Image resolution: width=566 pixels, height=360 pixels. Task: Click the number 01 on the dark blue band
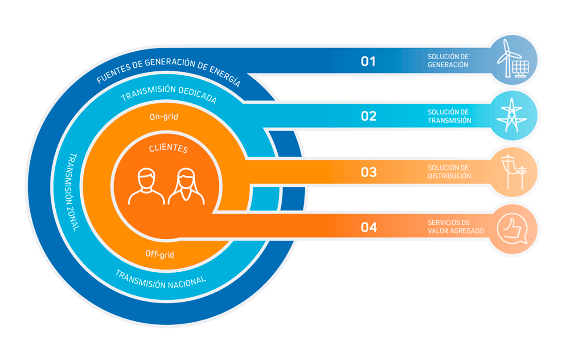tap(368, 61)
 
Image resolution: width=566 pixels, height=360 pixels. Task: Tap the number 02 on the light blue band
tap(369, 116)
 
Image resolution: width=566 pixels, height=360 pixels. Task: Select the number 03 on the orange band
tap(369, 172)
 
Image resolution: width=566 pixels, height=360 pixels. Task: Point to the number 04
tap(369, 227)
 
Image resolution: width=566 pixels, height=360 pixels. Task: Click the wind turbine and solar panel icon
tap(513, 59)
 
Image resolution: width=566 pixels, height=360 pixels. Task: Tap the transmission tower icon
tap(512, 115)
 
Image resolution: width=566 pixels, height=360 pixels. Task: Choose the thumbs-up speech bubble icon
tap(513, 229)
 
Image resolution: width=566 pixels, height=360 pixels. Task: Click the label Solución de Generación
tap(448, 61)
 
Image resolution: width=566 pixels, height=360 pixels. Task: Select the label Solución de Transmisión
tap(450, 116)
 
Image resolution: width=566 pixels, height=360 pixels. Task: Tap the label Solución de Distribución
tap(449, 172)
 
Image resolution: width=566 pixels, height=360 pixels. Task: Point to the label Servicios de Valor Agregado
tap(455, 227)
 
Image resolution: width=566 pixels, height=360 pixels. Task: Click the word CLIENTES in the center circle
tap(168, 148)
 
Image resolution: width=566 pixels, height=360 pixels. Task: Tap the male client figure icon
tap(146, 186)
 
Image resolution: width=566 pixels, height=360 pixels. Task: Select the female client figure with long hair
tap(186, 186)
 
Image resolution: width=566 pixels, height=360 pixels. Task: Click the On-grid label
tap(164, 117)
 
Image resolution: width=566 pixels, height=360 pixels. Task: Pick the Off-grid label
tap(160, 254)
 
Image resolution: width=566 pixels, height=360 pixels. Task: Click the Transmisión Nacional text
tap(160, 280)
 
